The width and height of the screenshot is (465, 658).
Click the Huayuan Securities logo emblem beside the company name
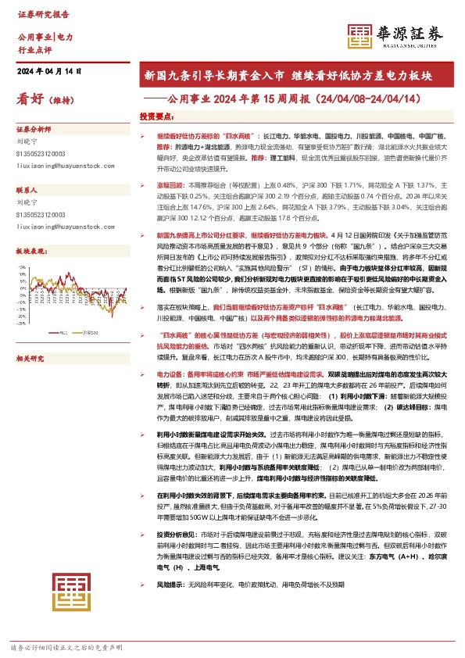pyautogui.click(x=359, y=35)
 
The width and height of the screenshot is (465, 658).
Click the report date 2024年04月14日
pyautogui.click(x=49, y=71)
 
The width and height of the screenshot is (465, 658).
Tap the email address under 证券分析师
pyautogui.click(x=54, y=166)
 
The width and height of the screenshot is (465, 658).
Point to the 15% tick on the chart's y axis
pyautogui.click(x=23, y=268)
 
